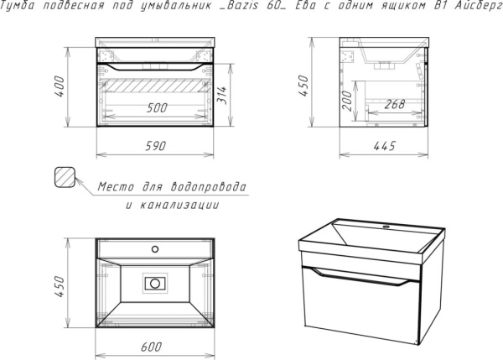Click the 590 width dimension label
156,146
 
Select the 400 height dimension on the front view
60,86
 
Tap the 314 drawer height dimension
221,95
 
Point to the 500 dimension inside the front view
157,108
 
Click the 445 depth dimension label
385,146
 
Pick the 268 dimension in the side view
395,104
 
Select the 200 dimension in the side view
347,101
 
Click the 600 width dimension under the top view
152,347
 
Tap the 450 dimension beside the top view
60,286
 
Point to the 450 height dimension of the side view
303,86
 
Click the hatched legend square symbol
65,177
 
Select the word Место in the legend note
116,186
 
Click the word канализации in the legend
179,205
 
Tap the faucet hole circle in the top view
155,249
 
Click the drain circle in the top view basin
155,284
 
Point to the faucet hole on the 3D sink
386,227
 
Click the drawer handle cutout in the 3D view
360,277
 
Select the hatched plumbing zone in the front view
155,86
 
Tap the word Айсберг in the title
479,6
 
